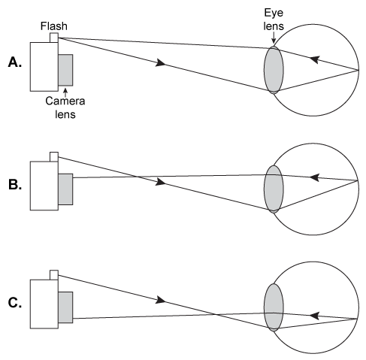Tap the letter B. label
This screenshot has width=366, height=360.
[15, 183]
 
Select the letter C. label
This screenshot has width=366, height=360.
[15, 303]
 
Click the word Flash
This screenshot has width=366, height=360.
[54, 26]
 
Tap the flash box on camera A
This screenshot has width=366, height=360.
[53, 37]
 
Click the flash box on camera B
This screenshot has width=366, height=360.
[53, 156]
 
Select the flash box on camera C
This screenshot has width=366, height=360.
[53, 274]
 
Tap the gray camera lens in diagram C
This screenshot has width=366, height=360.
[65, 307]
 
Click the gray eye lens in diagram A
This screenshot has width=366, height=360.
[273, 70]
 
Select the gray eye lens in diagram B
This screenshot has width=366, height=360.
[273, 189]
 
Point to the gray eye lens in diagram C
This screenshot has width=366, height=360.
[273, 307]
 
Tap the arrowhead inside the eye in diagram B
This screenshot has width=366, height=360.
[316, 177]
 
